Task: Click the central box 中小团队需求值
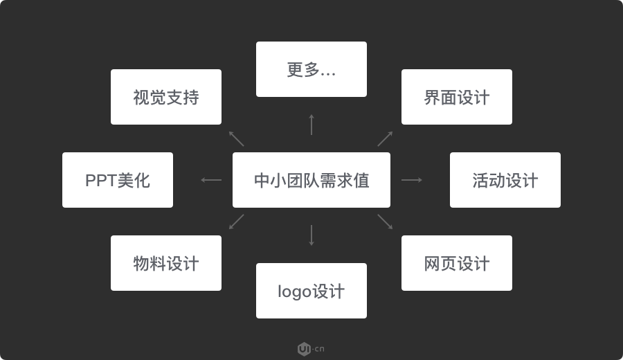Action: pos(311,180)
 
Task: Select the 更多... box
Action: pos(311,69)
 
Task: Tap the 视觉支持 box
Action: pos(166,97)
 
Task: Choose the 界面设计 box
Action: pos(457,97)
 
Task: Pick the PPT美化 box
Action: pos(118,180)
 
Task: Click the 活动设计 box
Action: pos(505,180)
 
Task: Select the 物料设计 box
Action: pos(166,263)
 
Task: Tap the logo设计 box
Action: pos(311,291)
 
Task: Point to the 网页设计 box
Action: pos(457,263)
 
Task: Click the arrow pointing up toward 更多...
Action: pos(311,125)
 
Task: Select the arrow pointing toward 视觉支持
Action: pos(237,138)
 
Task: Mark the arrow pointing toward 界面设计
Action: pos(385,138)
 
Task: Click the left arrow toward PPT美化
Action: pos(211,180)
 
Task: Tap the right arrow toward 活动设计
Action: pos(412,180)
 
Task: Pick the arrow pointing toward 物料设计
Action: pos(237,222)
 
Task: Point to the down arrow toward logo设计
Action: pos(311,235)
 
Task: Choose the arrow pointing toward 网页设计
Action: pos(385,222)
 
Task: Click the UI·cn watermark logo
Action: pos(311,349)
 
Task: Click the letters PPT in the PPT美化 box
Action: pos(101,181)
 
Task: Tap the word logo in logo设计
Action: pos(294,291)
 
